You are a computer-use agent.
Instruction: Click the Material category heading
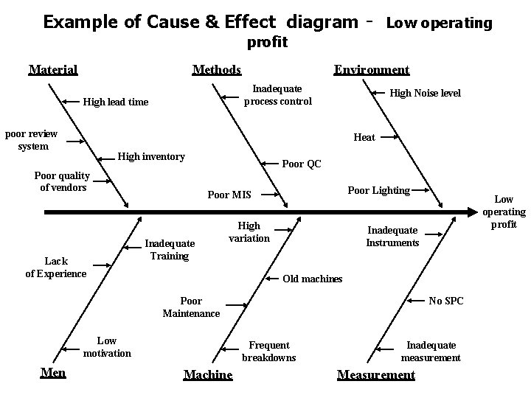pos(52,70)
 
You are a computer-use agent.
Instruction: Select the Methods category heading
pos(216,70)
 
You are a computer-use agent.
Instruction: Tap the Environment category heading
pos(371,70)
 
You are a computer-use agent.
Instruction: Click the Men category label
pos(53,372)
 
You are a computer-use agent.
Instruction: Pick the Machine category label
pos(207,375)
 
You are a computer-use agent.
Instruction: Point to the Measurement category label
pos(375,375)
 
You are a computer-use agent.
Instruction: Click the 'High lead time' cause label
pos(116,102)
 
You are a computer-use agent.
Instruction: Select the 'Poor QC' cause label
pos(302,164)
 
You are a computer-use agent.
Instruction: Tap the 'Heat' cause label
pos(364,138)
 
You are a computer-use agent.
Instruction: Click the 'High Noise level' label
pos(425,93)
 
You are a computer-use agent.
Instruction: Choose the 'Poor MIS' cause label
pos(229,195)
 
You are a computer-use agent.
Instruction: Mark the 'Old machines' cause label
pos(313,279)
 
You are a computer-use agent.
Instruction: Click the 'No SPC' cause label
pos(446,301)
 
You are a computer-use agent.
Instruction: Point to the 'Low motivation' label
pos(107,346)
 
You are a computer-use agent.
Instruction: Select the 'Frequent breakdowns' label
pos(269,352)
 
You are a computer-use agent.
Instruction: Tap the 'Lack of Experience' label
pos(56,267)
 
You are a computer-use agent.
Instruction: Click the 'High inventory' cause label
pos(151,156)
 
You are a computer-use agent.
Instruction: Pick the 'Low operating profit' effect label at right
pos(504,212)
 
